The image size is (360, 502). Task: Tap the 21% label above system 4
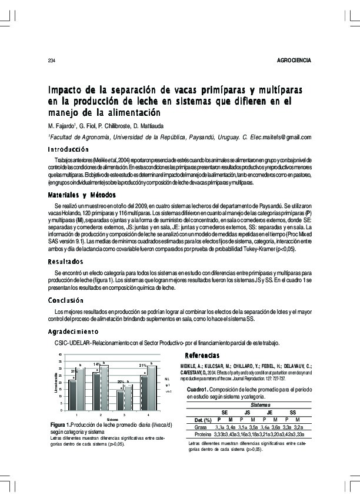[142, 366]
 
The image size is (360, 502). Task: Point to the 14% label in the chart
[96, 364]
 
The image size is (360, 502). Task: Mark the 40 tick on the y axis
[60, 354]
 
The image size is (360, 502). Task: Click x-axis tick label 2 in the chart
[101, 415]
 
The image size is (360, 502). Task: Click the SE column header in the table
[224, 413]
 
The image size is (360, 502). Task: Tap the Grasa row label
[202, 427]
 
